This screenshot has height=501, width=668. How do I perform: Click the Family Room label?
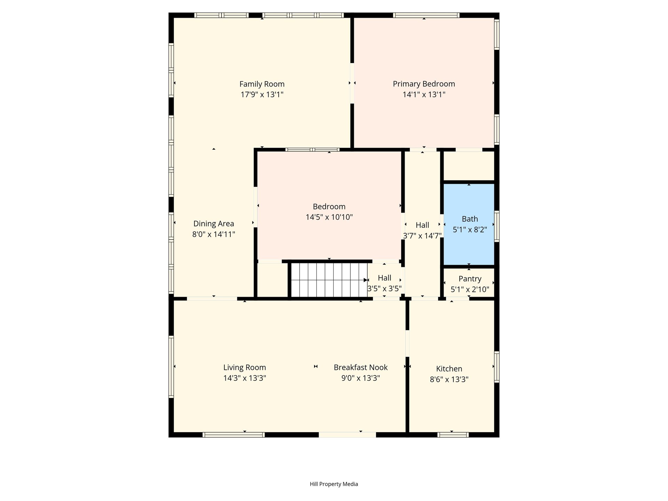tap(262, 84)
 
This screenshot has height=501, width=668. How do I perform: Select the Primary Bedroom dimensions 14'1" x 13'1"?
tap(424, 95)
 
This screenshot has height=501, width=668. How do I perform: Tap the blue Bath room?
tap(469, 224)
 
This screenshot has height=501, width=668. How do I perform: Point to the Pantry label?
tap(470, 279)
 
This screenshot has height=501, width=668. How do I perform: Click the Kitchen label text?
tap(449, 369)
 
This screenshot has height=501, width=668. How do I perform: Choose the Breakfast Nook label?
tap(360, 367)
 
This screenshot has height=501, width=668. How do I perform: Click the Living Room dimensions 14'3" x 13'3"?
tap(245, 378)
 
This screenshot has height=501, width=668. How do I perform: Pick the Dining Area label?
tap(214, 224)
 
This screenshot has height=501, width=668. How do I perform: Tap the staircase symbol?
tap(329, 280)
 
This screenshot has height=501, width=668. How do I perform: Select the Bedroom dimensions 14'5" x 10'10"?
tap(329, 217)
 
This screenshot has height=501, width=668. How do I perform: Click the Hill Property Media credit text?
tap(334, 484)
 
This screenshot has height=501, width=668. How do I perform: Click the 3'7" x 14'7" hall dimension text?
tap(422, 236)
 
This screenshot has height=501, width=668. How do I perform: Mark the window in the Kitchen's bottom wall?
tap(453, 435)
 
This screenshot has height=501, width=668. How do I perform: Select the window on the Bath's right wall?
tap(497, 226)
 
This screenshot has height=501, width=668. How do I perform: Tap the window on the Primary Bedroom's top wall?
tap(426, 15)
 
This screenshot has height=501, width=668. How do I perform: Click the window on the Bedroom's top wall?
tap(312, 150)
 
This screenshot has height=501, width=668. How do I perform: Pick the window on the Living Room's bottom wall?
tap(233, 435)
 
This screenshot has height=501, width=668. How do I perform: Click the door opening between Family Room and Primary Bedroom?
tap(352, 83)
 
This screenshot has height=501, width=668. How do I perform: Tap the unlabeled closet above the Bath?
tap(469, 166)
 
